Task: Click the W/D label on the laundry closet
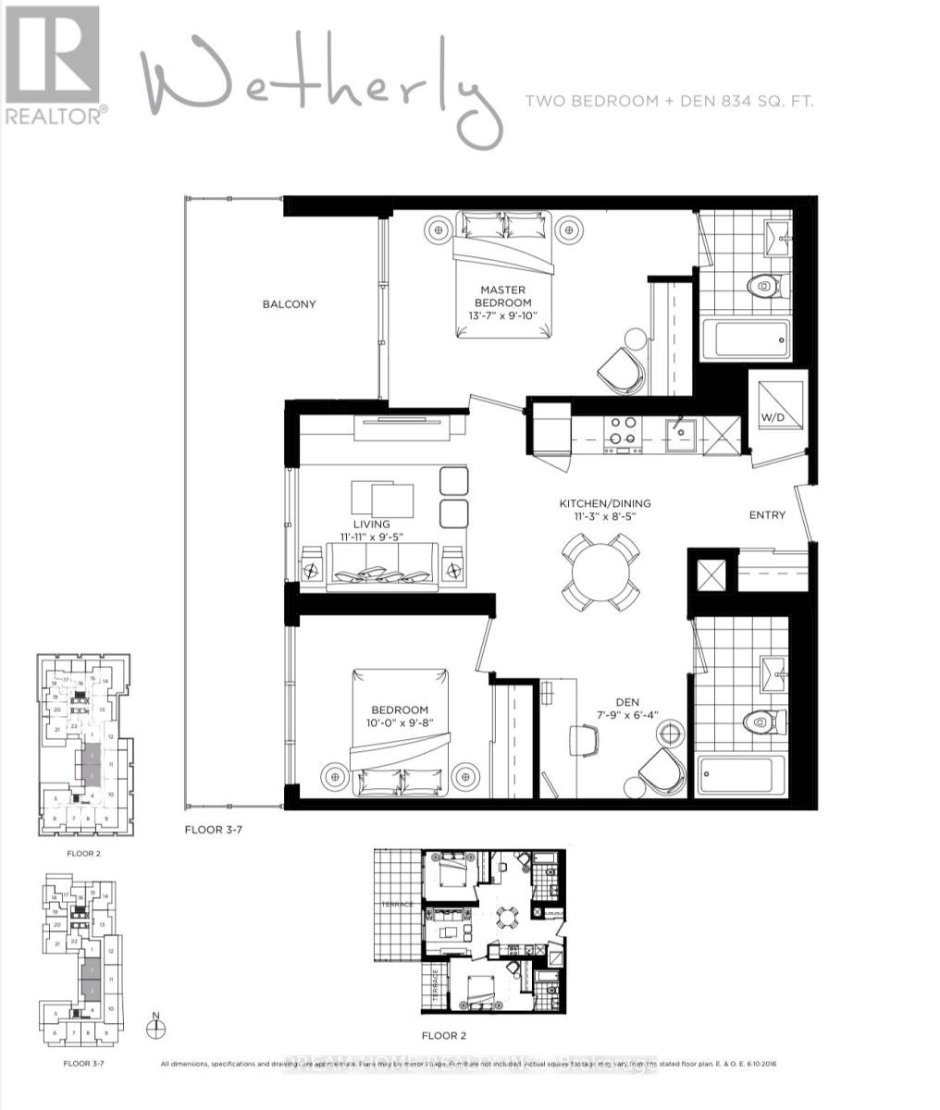coord(773,417)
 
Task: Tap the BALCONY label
coord(289,304)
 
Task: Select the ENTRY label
coord(768,515)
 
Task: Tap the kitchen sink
coord(686,431)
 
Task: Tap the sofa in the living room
coord(381,566)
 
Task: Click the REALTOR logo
coord(53,65)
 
